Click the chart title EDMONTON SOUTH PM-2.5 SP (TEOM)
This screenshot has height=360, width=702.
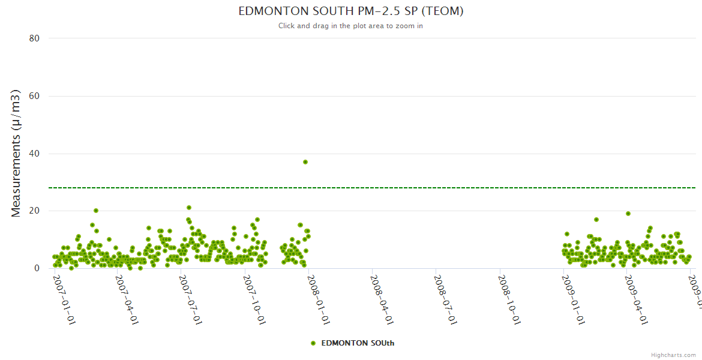[351, 11]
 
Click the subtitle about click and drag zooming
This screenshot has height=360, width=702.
[351, 26]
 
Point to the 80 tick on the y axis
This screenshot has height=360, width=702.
[34, 38]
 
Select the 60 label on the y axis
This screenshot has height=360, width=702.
[34, 96]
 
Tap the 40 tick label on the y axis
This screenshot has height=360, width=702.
[34, 154]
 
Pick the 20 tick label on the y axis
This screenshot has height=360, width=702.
[34, 211]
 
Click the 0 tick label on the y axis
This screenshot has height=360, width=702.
[37, 269]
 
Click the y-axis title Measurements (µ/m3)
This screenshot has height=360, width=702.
[16, 153]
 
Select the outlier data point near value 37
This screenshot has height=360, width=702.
[305, 162]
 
